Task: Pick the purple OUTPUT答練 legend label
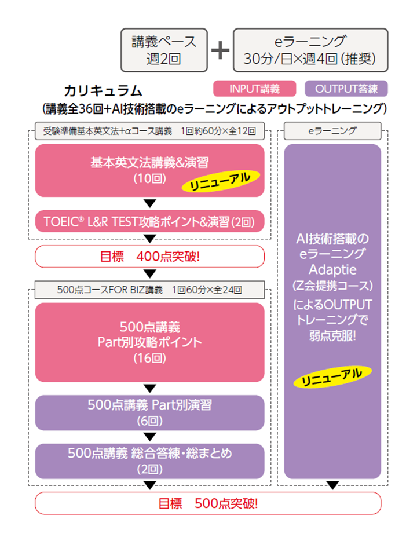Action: point(346,89)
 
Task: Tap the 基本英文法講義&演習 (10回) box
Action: point(149,170)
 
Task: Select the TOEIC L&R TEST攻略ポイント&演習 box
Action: point(149,221)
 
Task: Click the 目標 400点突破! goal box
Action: point(149,256)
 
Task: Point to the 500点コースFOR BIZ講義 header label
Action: point(149,289)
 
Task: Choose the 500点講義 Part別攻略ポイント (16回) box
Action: point(149,342)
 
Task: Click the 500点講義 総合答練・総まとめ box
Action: point(149,460)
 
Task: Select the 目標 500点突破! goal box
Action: point(208,503)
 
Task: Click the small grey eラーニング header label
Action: point(332,131)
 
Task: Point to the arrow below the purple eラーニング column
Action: point(332,485)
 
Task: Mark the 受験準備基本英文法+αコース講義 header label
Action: point(149,131)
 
